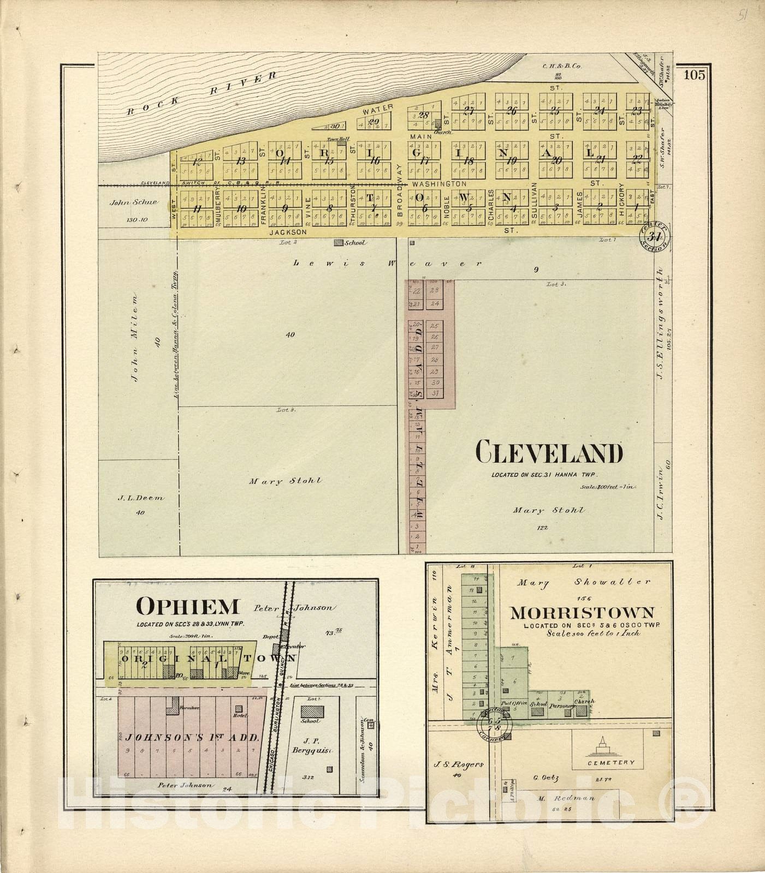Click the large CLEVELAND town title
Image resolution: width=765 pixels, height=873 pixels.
pos(549,453)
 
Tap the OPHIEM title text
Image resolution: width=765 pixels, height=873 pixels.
pos(187,606)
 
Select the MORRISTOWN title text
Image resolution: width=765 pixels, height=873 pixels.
pos(582,613)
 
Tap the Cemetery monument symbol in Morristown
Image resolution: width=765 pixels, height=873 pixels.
pos(603,744)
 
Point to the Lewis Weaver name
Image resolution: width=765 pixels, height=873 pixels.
pos(388,263)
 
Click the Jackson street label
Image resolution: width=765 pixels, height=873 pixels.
pos(286,232)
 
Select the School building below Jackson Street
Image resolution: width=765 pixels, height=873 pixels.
pos(339,242)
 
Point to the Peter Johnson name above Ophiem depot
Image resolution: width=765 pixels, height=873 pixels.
pos(296,608)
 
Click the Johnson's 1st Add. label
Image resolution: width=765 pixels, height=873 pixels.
pos(192,738)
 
